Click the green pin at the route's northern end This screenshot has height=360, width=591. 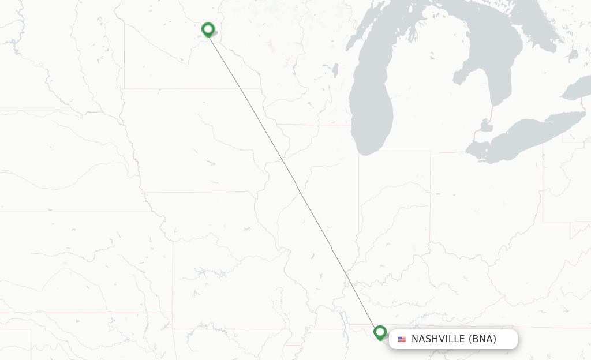pos(208,29)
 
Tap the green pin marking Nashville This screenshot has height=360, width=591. pos(380,332)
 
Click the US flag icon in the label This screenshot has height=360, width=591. pos(402,339)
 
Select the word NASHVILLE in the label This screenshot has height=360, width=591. pos(437,339)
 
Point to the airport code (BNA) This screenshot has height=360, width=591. pos(482,339)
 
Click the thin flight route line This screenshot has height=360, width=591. pos(294,181)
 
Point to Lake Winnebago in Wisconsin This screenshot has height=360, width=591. pos(335,70)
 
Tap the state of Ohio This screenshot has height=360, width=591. pos(485,196)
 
